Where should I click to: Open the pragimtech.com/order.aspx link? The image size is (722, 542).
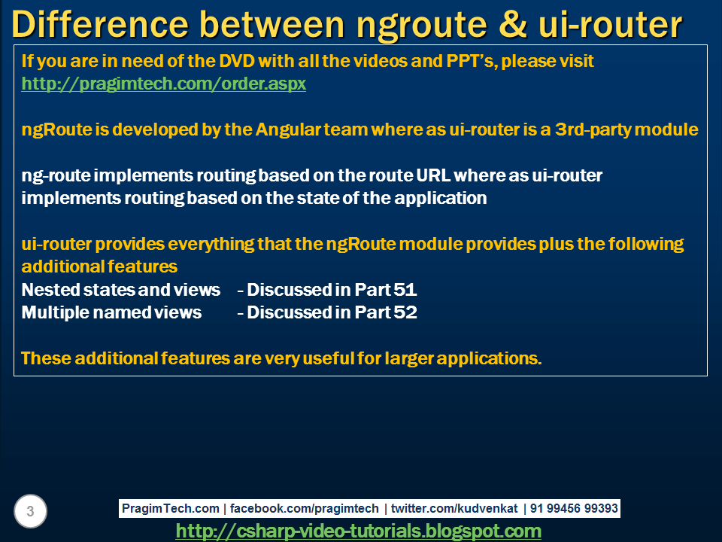click(x=164, y=84)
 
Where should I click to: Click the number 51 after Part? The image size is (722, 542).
click(x=405, y=290)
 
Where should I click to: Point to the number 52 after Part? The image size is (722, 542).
click(x=405, y=312)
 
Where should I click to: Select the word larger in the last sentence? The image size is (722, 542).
click(x=408, y=358)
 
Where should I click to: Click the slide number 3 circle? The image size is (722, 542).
click(x=30, y=512)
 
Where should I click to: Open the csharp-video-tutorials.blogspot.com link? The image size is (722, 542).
click(x=358, y=531)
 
